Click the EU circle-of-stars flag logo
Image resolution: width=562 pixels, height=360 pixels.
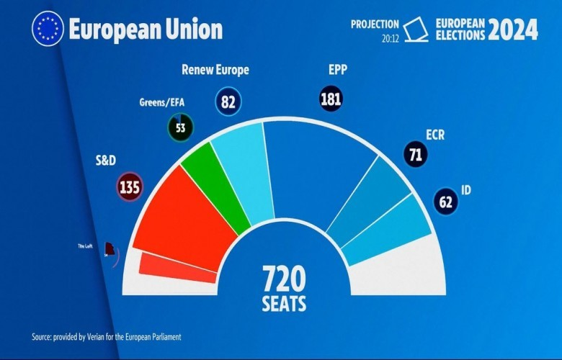pyautogui.click(x=48, y=30)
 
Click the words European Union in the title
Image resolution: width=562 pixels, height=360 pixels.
pyautogui.click(x=146, y=30)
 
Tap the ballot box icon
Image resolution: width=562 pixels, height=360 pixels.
pyautogui.click(x=415, y=30)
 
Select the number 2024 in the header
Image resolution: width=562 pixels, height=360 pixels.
pyautogui.click(x=512, y=30)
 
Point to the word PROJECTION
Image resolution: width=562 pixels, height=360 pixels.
pyautogui.click(x=375, y=24)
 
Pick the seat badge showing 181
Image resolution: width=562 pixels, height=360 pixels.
pyautogui.click(x=331, y=99)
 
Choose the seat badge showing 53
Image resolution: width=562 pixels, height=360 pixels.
pyautogui.click(x=180, y=127)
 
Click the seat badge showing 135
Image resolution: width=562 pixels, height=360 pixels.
pyautogui.click(x=130, y=187)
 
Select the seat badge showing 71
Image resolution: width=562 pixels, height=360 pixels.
pyautogui.click(x=416, y=153)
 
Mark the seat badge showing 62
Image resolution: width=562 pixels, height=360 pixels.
pyautogui.click(x=445, y=201)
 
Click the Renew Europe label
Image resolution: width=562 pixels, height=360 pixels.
pyautogui.click(x=215, y=71)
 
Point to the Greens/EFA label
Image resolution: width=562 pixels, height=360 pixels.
pyautogui.click(x=161, y=102)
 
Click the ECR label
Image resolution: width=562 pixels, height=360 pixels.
pyautogui.click(x=436, y=134)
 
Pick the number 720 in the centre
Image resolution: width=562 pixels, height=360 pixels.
pyautogui.click(x=284, y=279)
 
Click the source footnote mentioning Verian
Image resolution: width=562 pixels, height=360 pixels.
pyautogui.click(x=106, y=337)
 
